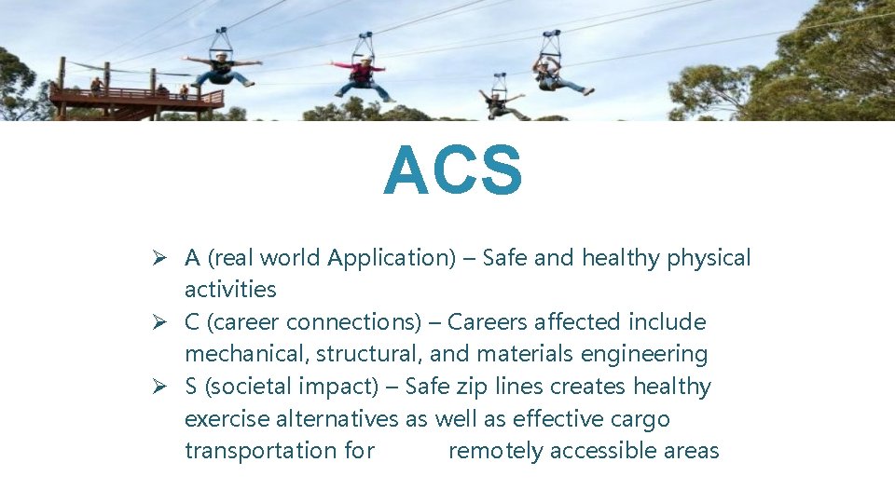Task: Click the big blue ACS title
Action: tap(453, 171)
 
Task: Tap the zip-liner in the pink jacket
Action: tap(363, 75)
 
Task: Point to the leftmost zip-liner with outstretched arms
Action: tap(223, 68)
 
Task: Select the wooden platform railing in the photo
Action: tap(140, 94)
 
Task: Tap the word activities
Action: tap(230, 290)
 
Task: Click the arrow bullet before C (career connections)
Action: tap(160, 322)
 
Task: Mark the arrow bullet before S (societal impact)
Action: tap(160, 387)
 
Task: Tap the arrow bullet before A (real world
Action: tap(160, 258)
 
